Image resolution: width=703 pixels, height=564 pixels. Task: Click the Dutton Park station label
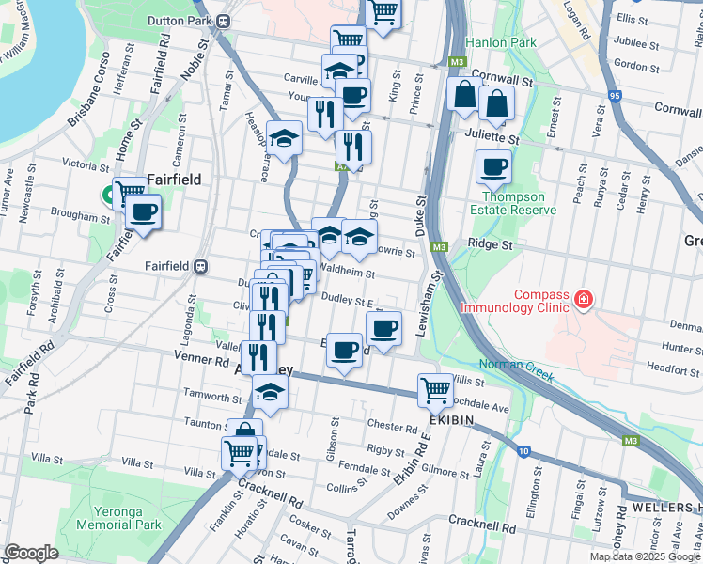click(179, 19)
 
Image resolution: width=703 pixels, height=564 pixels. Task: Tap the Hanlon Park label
click(500, 42)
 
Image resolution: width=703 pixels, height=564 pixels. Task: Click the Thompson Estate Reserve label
click(512, 203)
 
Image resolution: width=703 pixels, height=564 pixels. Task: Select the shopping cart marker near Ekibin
click(436, 389)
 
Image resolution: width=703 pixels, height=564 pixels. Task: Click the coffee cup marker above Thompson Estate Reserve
click(493, 169)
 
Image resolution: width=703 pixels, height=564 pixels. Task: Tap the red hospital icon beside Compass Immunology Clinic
click(584, 300)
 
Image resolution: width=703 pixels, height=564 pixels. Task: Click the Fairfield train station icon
click(200, 266)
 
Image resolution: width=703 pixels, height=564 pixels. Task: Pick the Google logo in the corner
click(31, 553)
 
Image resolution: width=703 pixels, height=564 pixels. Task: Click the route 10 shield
click(523, 451)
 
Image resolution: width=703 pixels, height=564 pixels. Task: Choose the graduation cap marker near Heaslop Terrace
click(284, 140)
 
